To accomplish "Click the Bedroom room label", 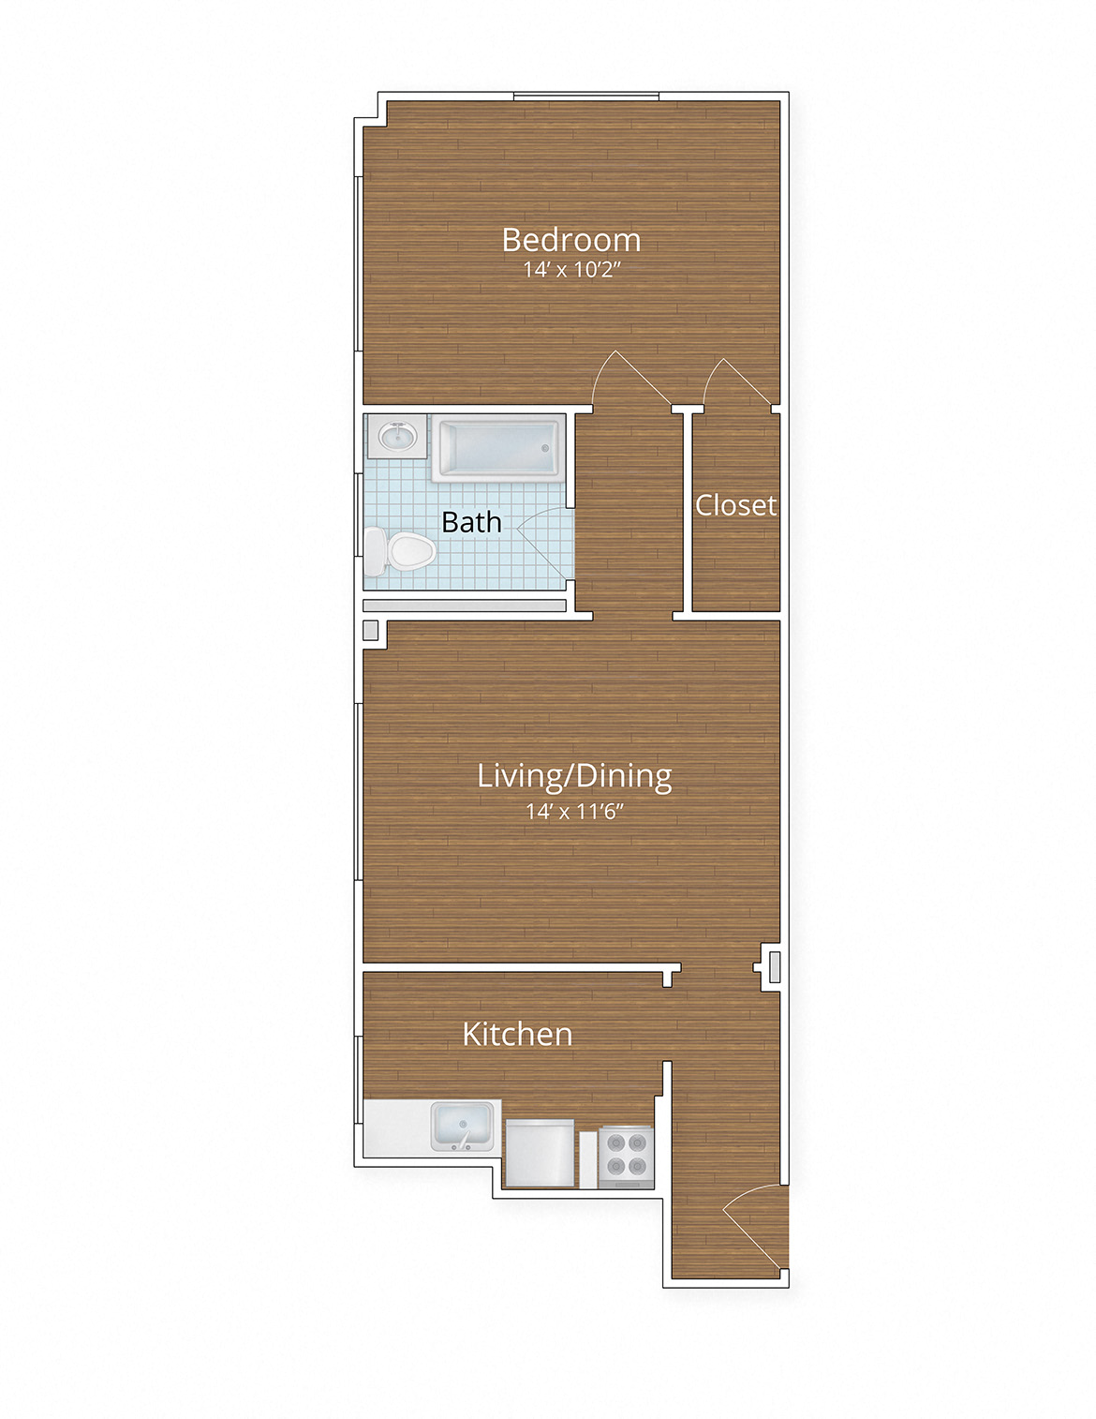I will pyautogui.click(x=571, y=240).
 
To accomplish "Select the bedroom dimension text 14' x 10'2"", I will pyautogui.click(x=572, y=270).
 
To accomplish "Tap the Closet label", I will pyautogui.click(x=735, y=505).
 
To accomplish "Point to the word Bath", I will pyautogui.click(x=471, y=522).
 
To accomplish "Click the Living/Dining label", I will pyautogui.click(x=574, y=776).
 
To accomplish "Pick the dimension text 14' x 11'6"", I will pyautogui.click(x=574, y=811).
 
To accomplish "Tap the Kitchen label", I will pyautogui.click(x=517, y=1034).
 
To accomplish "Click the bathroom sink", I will pyautogui.click(x=397, y=436).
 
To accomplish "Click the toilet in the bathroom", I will pyautogui.click(x=398, y=551).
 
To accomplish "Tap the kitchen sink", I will pyautogui.click(x=462, y=1126).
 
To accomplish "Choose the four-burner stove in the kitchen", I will pyautogui.click(x=626, y=1154).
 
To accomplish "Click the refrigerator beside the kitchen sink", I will pyautogui.click(x=539, y=1152).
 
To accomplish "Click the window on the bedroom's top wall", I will pyautogui.click(x=586, y=96).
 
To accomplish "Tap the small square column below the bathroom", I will pyautogui.click(x=370, y=630).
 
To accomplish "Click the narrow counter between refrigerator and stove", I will pyautogui.click(x=587, y=1159).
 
